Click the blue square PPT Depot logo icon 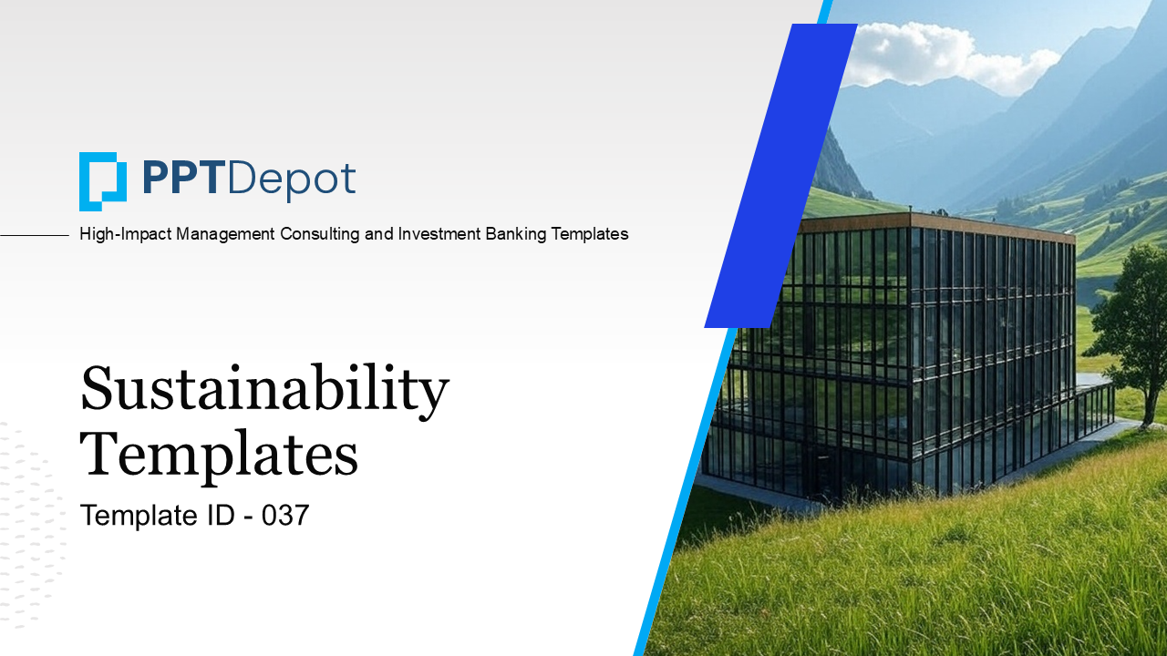[x=103, y=181]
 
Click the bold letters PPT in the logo [x=184, y=178]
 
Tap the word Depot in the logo [x=292, y=181]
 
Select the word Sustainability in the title [x=264, y=392]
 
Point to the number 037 [x=285, y=515]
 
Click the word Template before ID [x=139, y=516]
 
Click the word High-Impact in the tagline [x=125, y=234]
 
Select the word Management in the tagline [x=225, y=234]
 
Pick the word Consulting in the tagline [x=320, y=234]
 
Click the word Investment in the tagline [x=439, y=234]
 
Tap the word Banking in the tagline [x=516, y=234]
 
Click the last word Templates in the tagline [x=590, y=234]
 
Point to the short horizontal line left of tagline [x=35, y=235]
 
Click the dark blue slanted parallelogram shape [x=781, y=176]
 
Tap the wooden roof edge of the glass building [x=938, y=225]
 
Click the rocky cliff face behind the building [x=838, y=167]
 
